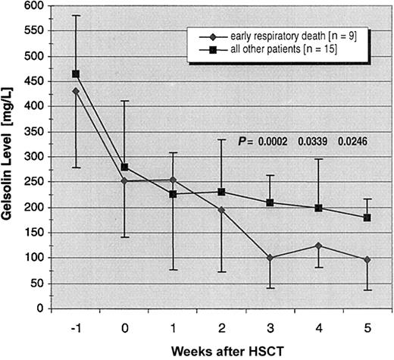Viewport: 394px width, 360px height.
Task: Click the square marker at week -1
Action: pyautogui.click(x=76, y=74)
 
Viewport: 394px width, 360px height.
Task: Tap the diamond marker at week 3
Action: pyautogui.click(x=270, y=258)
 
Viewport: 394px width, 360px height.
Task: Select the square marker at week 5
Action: pyautogui.click(x=367, y=218)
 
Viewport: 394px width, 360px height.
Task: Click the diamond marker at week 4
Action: pyautogui.click(x=318, y=246)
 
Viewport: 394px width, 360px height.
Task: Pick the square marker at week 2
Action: pyautogui.click(x=221, y=192)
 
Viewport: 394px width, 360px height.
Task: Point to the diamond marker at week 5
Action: pyautogui.click(x=367, y=259)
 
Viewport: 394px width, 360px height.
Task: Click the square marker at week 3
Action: pyautogui.click(x=270, y=202)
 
